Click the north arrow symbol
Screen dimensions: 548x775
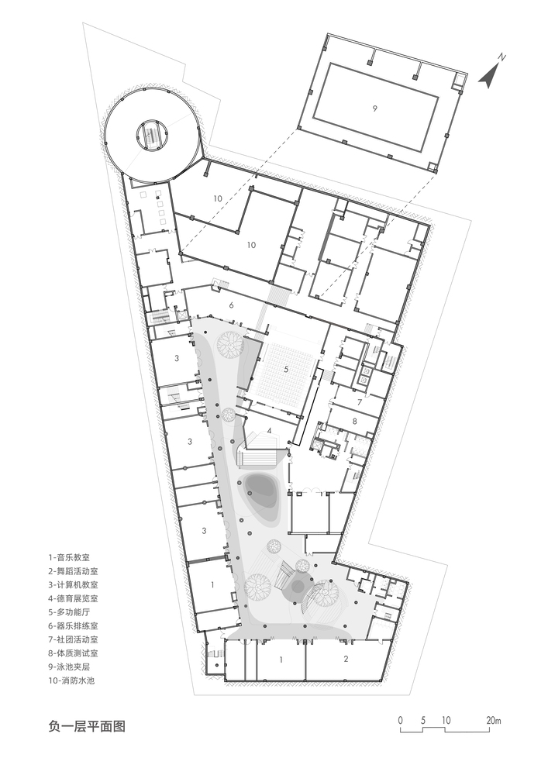(488, 76)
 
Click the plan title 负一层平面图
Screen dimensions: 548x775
(87, 726)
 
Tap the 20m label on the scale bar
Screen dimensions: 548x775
(493, 720)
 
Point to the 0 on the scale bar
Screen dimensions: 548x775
(401, 720)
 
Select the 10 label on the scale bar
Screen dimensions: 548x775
(446, 720)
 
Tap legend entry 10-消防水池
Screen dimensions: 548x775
(71, 680)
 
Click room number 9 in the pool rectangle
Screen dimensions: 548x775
(374, 108)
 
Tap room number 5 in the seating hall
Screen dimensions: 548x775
(285, 369)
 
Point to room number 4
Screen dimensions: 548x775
(269, 430)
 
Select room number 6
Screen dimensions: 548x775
(231, 305)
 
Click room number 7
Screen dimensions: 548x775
(360, 401)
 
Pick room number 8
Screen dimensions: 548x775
(354, 421)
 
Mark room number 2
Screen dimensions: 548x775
(346, 658)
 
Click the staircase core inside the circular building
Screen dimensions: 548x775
(150, 134)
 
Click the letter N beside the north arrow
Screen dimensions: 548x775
(502, 57)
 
